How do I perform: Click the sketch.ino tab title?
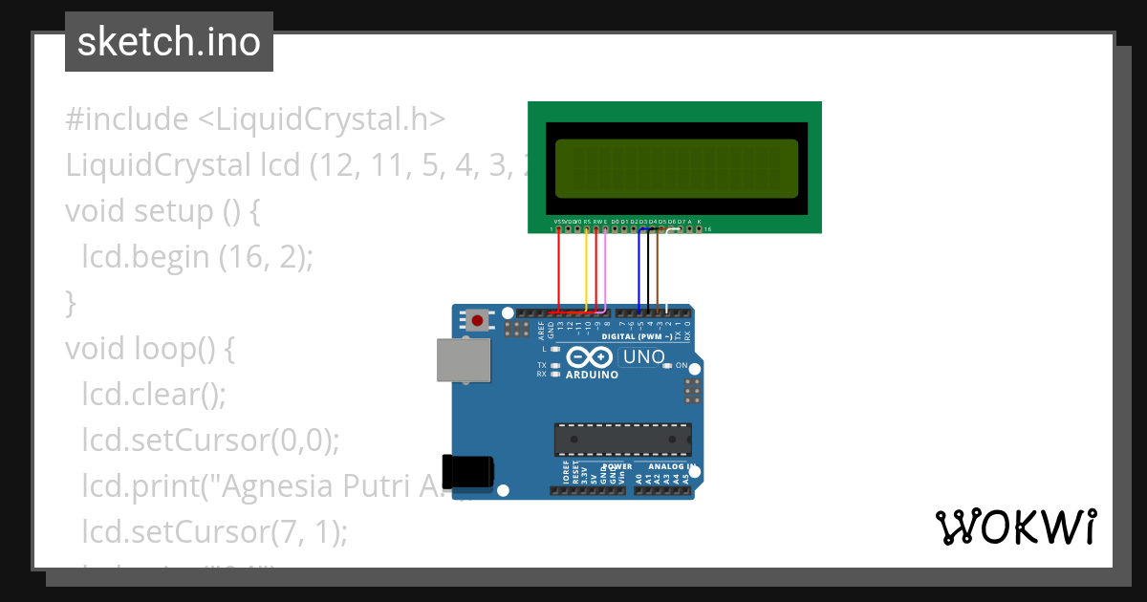coord(168,42)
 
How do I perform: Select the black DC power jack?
coord(471,471)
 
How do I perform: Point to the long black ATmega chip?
coord(623,439)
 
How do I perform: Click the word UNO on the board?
coord(643,357)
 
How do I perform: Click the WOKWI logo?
coord(1015,527)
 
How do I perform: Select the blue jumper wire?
coord(638,270)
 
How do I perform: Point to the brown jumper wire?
coord(658,270)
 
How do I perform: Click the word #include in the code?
coord(127,119)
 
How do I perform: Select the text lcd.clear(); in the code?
coord(154,394)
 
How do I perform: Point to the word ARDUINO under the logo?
coord(593,375)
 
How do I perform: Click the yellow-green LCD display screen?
coord(676,168)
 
